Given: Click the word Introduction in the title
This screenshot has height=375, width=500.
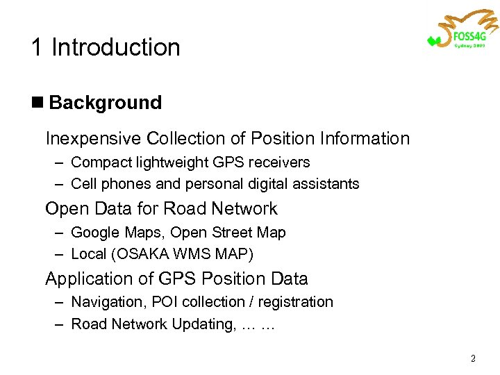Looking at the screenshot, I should pos(115,47).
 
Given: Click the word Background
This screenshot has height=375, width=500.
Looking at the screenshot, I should pos(106,103).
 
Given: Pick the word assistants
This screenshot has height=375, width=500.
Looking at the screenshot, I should pos(328,184).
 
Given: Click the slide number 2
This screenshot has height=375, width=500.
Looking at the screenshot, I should pos(473,359).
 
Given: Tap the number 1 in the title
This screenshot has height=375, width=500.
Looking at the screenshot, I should pos(36,47).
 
